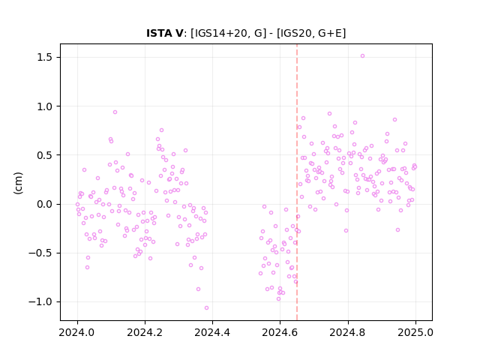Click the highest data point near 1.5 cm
click(362, 56)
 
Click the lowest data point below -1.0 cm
click(207, 308)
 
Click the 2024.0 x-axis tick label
click(77, 332)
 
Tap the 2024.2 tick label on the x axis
click(145, 332)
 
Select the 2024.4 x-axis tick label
click(212, 332)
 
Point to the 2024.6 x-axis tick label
click(280, 332)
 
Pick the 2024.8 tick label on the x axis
click(348, 332)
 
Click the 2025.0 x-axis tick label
click(415, 332)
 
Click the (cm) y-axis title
click(18, 183)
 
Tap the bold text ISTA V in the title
click(165, 33)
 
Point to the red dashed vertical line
click(297, 182)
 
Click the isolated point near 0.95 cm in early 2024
click(115, 112)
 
